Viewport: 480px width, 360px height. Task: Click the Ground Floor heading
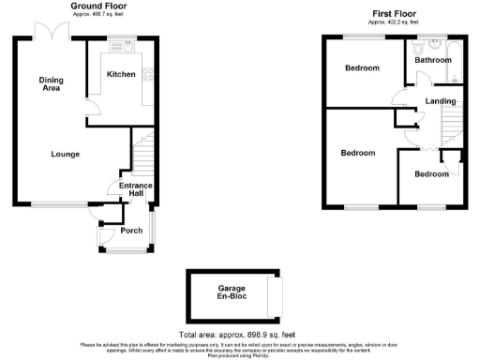[99, 7]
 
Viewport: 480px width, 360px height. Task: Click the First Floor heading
[393, 13]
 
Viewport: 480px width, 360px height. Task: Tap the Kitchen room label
[120, 74]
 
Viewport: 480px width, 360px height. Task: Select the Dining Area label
[51, 84]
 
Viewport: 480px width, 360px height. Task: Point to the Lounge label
[65, 154]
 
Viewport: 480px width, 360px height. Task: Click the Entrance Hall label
[135, 190]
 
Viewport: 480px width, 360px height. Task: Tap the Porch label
[131, 231]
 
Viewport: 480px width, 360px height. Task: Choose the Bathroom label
[434, 60]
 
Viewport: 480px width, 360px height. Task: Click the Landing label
[440, 101]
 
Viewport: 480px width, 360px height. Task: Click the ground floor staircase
[142, 152]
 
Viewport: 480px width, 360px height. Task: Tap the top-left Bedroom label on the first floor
[362, 68]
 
